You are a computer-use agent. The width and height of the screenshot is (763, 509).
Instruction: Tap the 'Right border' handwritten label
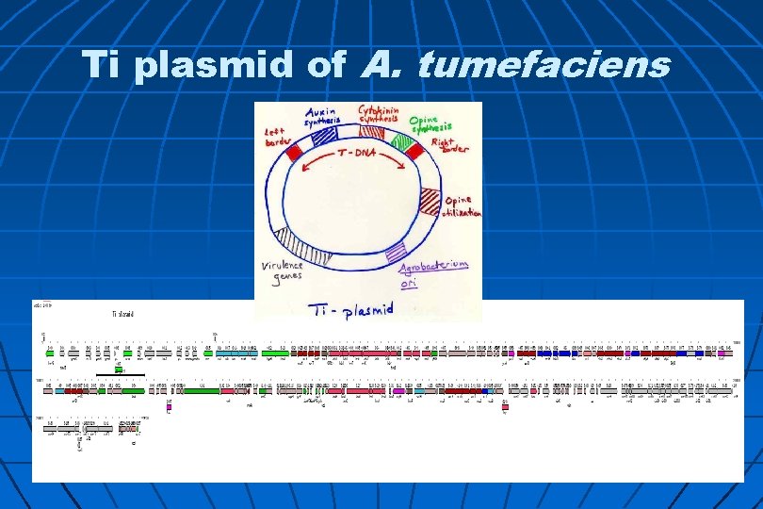pos(453,145)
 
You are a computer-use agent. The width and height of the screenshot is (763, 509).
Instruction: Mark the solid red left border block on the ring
pos(295,151)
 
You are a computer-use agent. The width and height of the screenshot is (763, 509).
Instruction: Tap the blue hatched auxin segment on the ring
pos(324,137)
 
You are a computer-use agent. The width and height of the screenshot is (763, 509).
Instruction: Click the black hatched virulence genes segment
pos(306,246)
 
